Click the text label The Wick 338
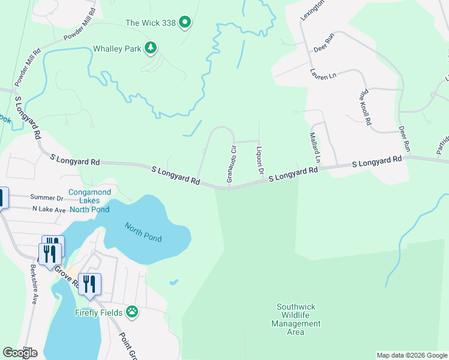[150, 23]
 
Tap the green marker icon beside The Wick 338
[185, 23]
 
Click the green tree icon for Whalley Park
[151, 47]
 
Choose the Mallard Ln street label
[313, 148]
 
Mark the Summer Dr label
[47, 197]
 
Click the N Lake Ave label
[48, 209]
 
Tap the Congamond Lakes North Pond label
[89, 201]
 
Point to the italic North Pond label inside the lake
[143, 232]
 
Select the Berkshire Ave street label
[34, 287]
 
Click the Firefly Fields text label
[99, 313]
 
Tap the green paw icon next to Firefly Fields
[133, 312]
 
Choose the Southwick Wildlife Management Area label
[296, 319]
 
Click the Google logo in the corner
[20, 353]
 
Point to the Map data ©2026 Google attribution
[412, 355]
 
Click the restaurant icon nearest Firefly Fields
[89, 284]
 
